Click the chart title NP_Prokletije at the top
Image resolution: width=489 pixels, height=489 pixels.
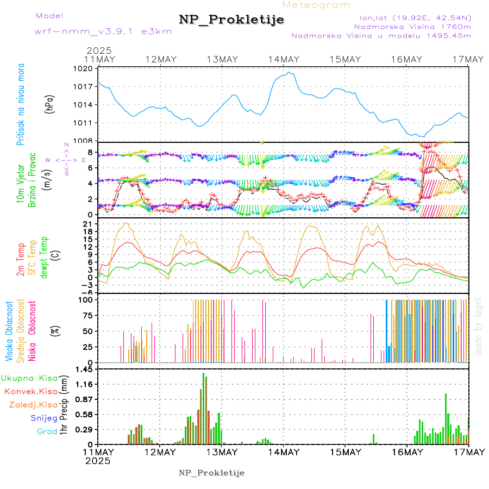tap(231, 20)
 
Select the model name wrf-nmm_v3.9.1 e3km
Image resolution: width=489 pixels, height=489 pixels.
tap(103, 32)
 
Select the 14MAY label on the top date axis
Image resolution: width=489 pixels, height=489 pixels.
tap(283, 59)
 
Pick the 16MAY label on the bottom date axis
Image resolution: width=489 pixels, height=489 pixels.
tap(406, 452)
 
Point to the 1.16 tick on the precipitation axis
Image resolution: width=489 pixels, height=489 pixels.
tap(85, 384)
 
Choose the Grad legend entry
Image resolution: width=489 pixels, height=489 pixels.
tap(47, 432)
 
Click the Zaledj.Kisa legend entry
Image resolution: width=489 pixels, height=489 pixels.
tap(33, 405)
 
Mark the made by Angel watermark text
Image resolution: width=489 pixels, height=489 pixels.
tap(479, 326)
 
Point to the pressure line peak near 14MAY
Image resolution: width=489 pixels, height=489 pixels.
tap(290, 72)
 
